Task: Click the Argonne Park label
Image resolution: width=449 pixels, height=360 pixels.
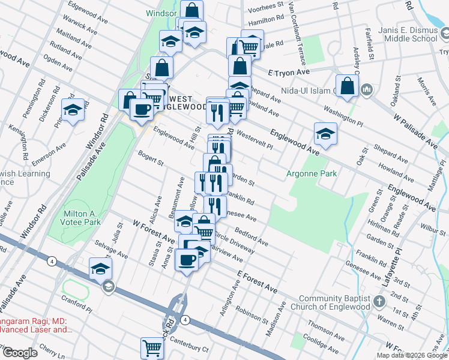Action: click(x=311, y=174)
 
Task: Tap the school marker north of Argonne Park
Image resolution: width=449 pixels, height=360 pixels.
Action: click(x=325, y=133)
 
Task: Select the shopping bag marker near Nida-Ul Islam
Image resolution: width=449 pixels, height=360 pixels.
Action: click(x=348, y=85)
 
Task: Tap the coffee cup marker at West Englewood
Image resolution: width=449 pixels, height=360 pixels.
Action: click(x=142, y=109)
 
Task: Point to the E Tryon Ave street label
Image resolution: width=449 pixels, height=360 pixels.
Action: click(x=289, y=72)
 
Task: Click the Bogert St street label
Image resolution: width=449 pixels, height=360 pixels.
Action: click(x=151, y=158)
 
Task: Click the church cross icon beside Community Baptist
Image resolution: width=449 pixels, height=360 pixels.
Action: click(x=379, y=300)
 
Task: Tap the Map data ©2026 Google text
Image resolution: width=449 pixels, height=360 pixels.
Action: click(x=412, y=355)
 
